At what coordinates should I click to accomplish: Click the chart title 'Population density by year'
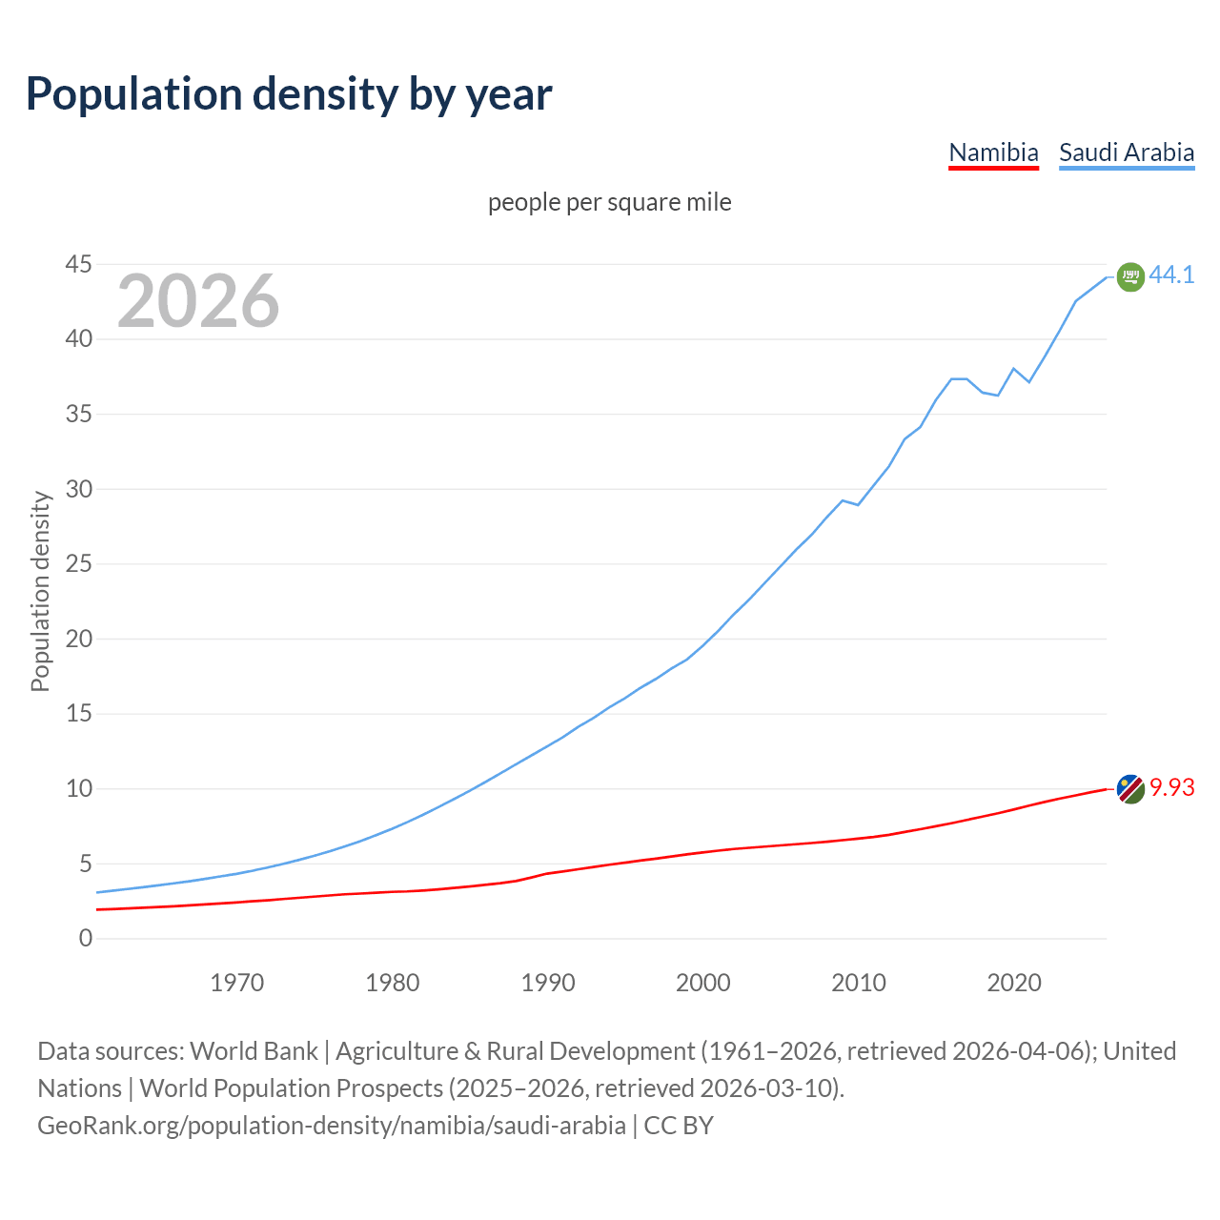(289, 94)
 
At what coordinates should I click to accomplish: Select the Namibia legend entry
(993, 152)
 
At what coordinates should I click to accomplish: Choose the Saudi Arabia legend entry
(1127, 152)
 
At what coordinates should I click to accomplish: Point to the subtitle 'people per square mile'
(610, 203)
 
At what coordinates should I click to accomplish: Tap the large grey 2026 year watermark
(198, 301)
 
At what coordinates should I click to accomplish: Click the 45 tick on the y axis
(79, 264)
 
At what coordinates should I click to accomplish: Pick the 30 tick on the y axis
(79, 489)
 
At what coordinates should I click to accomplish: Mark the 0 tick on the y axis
(86, 939)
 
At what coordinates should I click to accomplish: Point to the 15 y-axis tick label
(79, 714)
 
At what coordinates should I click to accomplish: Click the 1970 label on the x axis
(237, 983)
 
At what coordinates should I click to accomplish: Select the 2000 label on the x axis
(703, 983)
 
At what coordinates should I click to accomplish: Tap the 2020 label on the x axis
(1014, 983)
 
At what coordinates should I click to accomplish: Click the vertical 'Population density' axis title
(40, 591)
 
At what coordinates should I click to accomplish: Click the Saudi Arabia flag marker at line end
(1130, 276)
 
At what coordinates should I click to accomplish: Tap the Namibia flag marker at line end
(1130, 789)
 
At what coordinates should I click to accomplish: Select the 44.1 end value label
(1171, 274)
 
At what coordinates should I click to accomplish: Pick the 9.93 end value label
(1171, 787)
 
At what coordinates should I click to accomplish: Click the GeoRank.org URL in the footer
(332, 1126)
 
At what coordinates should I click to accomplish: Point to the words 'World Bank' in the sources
(254, 1051)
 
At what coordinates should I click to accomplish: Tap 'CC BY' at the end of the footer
(679, 1126)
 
